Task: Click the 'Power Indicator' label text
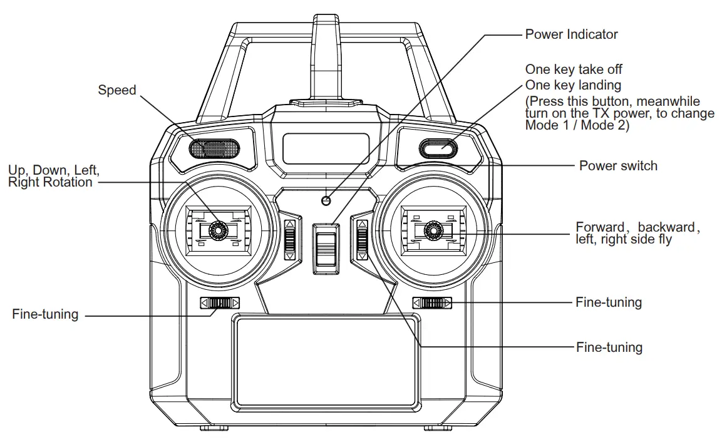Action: pyautogui.click(x=571, y=34)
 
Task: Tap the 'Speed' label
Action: pyautogui.click(x=116, y=90)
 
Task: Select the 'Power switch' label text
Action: pyautogui.click(x=618, y=166)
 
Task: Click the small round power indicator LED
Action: pyautogui.click(x=326, y=200)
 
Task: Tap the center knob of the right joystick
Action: pyautogui.click(x=431, y=231)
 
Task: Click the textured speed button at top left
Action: pyautogui.click(x=214, y=148)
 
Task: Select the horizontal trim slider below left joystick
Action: pyautogui.click(x=220, y=304)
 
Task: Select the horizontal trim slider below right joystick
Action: pyautogui.click(x=432, y=304)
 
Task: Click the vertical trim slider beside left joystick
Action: pyautogui.click(x=289, y=240)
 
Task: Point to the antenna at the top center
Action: pyautogui.click(x=326, y=56)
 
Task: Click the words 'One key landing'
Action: pyautogui.click(x=573, y=85)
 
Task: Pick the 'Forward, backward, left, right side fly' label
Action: pyautogui.click(x=637, y=233)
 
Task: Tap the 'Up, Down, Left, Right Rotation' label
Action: pyautogui.click(x=53, y=176)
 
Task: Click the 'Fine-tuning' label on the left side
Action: pyautogui.click(x=45, y=314)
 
